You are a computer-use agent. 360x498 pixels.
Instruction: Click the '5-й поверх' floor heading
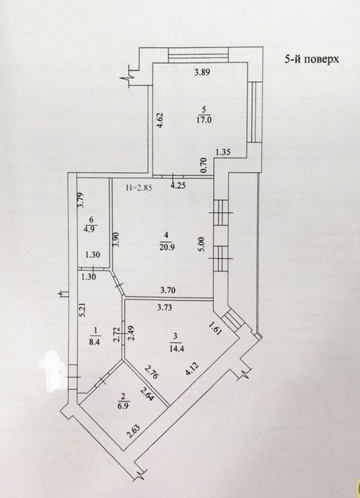[312, 59]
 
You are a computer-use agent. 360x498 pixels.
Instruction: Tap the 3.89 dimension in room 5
[202, 72]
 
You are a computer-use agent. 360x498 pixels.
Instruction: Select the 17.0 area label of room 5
[204, 120]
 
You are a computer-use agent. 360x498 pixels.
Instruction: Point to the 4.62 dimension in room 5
[160, 120]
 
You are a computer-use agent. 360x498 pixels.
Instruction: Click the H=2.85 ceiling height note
[139, 187]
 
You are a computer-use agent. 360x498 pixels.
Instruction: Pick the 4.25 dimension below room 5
[178, 186]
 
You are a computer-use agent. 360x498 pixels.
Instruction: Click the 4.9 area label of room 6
[92, 228]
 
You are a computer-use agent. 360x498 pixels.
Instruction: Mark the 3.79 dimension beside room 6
[80, 200]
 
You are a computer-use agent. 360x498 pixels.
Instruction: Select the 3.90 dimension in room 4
[117, 240]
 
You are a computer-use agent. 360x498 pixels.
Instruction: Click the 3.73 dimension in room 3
[164, 307]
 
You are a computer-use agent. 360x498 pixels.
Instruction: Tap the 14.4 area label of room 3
[177, 348]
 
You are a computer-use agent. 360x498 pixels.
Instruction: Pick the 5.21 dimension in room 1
[82, 309]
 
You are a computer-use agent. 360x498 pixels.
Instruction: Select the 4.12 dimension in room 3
[193, 369]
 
